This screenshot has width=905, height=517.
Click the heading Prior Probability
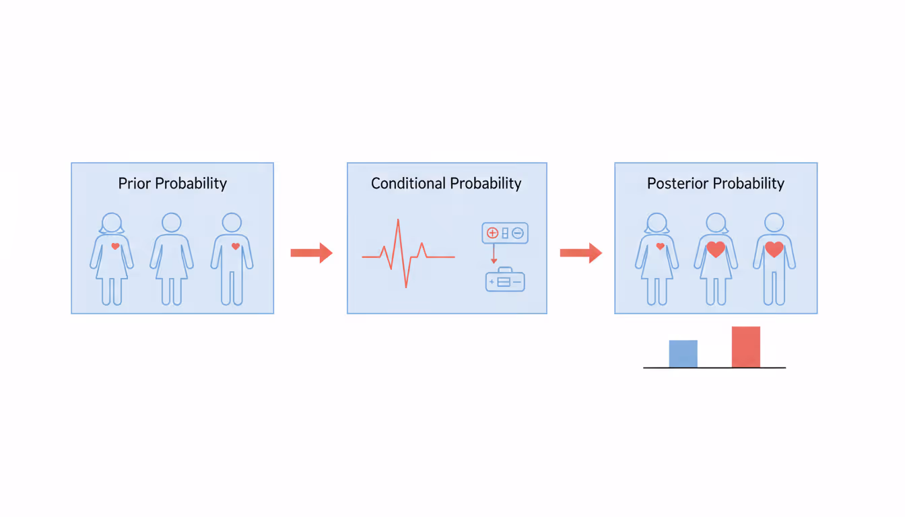[x=172, y=183]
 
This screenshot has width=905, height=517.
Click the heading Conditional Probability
[x=446, y=183]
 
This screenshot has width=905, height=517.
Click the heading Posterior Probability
[x=716, y=183]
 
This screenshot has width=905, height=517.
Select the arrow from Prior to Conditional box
[x=311, y=253]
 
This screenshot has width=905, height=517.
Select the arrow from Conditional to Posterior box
[x=580, y=253]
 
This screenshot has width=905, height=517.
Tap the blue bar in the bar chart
[x=683, y=353]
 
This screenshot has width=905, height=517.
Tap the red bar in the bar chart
[x=745, y=347]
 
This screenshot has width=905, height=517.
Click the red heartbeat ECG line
[x=406, y=256]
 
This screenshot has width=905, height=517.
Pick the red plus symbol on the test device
[x=492, y=233]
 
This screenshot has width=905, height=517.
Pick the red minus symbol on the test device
[x=517, y=233]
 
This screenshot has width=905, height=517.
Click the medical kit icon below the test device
[x=505, y=280]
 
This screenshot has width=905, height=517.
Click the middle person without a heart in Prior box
[x=172, y=259]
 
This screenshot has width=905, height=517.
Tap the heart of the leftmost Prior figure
[x=115, y=246]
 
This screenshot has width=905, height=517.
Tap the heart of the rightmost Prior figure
[x=235, y=246]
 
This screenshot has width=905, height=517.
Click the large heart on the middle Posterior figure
[x=716, y=249]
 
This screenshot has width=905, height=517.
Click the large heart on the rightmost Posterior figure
[x=774, y=249]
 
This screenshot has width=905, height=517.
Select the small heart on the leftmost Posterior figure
[x=660, y=246]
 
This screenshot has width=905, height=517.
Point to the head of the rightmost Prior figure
[x=232, y=223]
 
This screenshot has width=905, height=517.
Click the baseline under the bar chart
[x=714, y=368]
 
